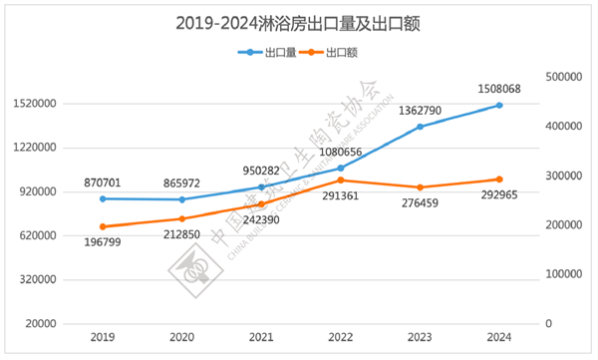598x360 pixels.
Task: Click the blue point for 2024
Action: coord(499,105)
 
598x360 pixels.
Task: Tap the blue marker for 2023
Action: coord(420,127)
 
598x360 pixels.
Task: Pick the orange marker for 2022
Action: coord(341,180)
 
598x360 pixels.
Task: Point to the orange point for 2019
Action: coord(103,226)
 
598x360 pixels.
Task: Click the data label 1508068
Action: coord(499,88)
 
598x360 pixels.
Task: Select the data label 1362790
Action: coord(420,110)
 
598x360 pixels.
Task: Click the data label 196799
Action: coord(103,243)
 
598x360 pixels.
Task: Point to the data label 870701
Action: coord(103,183)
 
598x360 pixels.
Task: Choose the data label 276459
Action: coord(421,203)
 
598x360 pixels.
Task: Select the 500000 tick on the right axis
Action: coord(565,77)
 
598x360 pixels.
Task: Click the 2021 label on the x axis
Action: coord(261,337)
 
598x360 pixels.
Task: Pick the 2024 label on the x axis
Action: coord(499,337)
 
